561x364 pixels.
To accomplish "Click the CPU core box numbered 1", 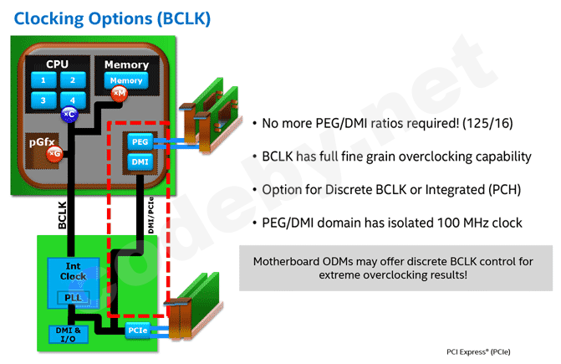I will click(42, 80).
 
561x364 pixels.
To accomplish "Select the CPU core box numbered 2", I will click(73, 80).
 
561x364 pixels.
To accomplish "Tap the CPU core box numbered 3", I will click(42, 100).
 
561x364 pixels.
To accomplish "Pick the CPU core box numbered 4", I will click(73, 100).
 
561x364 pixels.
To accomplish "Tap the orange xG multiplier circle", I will click(54, 153).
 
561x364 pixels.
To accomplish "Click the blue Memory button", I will click(126, 80).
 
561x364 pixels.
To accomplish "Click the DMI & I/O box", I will click(68, 334).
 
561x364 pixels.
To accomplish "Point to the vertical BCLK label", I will click(62, 214).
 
